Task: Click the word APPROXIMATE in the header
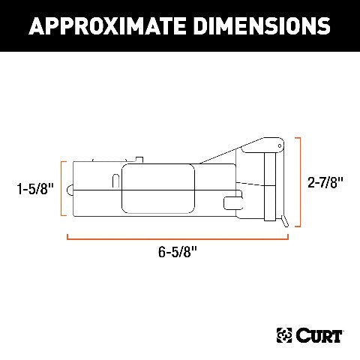(x=107, y=26)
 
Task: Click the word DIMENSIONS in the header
(x=262, y=26)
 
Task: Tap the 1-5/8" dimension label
(x=35, y=188)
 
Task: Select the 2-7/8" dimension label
(x=325, y=182)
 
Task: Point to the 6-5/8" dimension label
(x=178, y=251)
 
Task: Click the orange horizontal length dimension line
(x=178, y=238)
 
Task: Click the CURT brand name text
(x=319, y=335)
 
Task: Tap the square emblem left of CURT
(x=284, y=335)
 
